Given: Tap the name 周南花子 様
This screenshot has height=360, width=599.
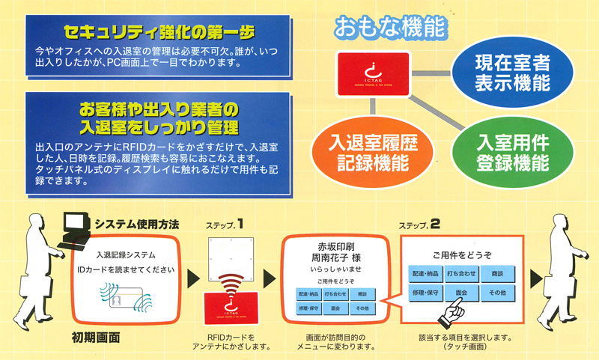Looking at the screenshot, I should point(335,257).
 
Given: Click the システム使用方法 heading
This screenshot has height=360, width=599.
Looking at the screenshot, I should point(136,225).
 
